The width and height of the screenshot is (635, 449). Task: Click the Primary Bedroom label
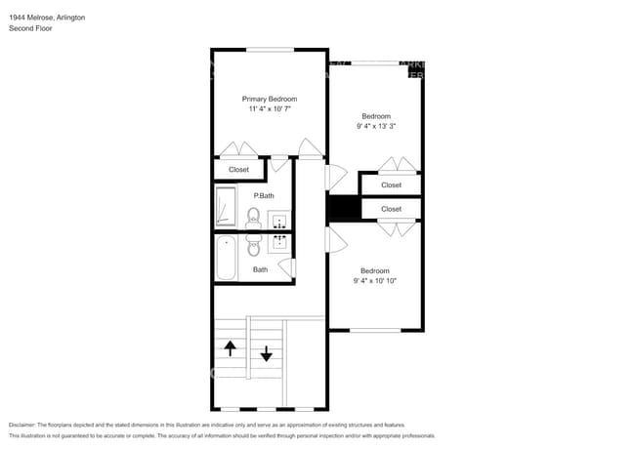pos(270,99)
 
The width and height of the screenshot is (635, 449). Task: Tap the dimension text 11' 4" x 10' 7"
pos(270,109)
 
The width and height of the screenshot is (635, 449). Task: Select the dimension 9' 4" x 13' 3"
pos(375,126)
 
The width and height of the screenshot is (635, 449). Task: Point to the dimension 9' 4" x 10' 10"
pos(375,281)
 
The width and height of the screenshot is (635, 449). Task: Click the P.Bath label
pos(262,196)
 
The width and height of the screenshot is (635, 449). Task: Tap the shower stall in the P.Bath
pos(226,208)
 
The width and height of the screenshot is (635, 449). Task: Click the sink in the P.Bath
pos(279,219)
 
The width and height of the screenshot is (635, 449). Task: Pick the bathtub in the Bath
pos(227,259)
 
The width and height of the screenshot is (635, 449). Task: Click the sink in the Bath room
pos(279,243)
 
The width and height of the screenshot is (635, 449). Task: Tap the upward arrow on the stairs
pos(231,347)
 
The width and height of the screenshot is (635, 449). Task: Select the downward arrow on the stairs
pos(266,353)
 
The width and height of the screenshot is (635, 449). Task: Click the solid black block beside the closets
pos(344,208)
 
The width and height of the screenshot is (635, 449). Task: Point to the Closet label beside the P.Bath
pos(238,170)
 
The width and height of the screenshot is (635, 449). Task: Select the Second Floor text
pos(30,29)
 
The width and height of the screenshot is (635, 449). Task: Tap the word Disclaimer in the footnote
pos(26,426)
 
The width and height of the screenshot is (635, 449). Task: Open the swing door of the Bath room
pos(293,266)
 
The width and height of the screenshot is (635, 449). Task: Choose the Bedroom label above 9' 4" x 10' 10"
pos(375,270)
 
